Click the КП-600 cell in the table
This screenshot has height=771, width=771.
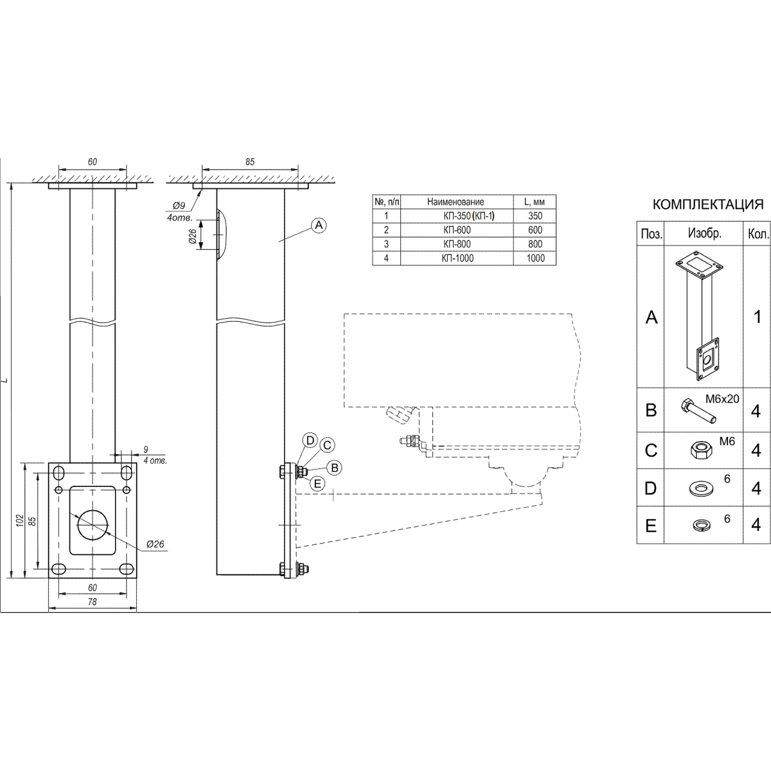[457, 230]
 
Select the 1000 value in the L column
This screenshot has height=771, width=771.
[535, 258]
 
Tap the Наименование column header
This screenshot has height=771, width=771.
[456, 202]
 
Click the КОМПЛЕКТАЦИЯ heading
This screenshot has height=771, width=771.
[708, 204]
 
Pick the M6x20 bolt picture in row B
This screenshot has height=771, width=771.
[697, 411]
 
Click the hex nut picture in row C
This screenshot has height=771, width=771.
[701, 450]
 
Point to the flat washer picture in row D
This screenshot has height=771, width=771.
[700, 488]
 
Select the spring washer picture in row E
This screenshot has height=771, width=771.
[700, 524]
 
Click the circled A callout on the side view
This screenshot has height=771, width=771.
[319, 226]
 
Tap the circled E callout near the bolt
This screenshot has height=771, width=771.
[317, 484]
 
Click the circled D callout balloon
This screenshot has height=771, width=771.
[310, 441]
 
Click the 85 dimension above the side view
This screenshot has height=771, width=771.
[250, 162]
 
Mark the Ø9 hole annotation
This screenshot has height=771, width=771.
[179, 206]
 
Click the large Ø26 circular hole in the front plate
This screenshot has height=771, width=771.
[93, 524]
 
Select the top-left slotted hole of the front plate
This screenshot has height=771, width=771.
[59, 472]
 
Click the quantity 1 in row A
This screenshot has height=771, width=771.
[757, 317]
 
